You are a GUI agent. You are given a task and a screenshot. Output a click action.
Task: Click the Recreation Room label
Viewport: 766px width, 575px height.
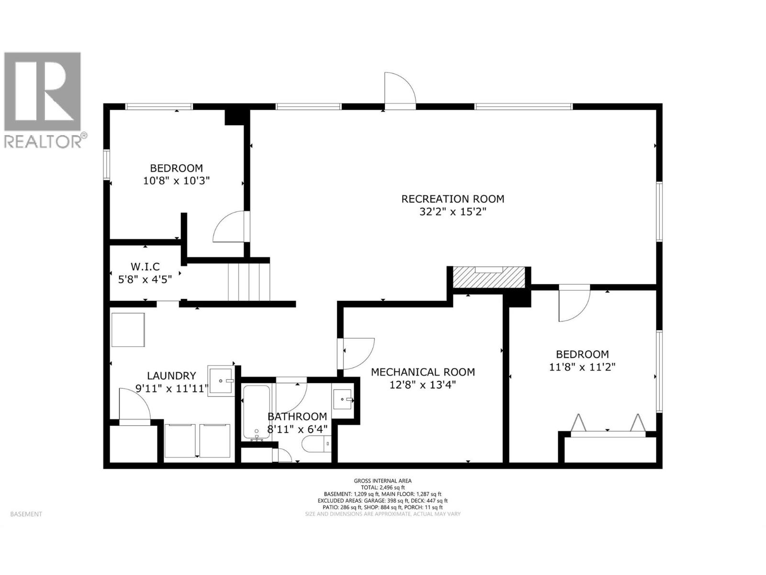452,198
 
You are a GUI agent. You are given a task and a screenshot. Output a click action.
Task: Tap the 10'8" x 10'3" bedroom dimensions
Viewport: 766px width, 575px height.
176,181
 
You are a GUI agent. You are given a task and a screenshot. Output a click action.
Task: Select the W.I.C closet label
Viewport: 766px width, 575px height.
145,266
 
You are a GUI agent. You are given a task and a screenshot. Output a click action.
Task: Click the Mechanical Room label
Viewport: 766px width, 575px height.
423,372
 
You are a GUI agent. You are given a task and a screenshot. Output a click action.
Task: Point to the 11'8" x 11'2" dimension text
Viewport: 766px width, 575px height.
582,367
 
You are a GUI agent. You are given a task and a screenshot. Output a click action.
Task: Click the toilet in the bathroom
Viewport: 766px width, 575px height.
316,444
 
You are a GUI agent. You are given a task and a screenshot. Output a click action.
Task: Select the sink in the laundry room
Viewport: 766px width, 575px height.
221,380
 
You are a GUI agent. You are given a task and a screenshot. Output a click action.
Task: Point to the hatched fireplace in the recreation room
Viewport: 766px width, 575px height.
489,277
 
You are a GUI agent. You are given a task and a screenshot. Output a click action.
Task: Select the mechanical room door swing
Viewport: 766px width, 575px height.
358,353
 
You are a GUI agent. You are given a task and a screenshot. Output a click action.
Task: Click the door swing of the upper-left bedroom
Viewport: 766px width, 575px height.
230,228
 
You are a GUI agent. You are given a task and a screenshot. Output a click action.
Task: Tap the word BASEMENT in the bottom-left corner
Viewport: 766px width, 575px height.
26,514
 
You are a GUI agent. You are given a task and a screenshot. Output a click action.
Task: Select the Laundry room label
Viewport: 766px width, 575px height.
171,376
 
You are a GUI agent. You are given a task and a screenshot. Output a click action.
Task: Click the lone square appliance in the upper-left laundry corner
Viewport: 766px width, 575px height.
128,330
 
